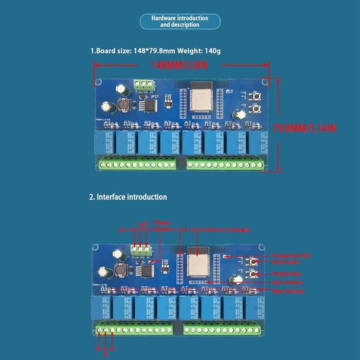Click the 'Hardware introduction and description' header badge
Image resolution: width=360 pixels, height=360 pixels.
(x=179, y=22)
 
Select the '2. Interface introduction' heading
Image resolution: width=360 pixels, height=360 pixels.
(x=128, y=196)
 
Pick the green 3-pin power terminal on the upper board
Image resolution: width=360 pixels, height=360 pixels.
(x=146, y=84)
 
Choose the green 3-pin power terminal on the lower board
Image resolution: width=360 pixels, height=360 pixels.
(x=143, y=248)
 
